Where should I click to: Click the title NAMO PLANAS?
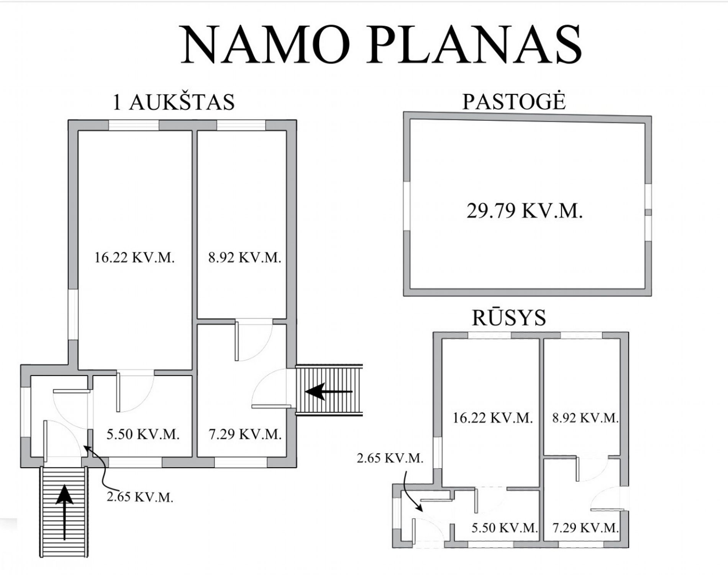coord(381,45)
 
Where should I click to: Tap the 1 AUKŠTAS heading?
coord(173,102)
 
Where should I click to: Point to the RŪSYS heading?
coord(508,318)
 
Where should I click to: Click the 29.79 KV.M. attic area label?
coord(525,211)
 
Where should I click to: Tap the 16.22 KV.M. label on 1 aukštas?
coord(134,257)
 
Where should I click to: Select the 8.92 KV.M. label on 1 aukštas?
coord(245,257)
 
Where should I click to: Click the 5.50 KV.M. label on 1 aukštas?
coord(143,434)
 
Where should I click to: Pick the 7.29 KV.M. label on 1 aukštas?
coord(245,434)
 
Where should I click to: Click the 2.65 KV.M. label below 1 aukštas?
coord(140,497)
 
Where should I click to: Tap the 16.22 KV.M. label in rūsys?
coord(493,418)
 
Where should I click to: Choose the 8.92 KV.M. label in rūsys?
coord(585,418)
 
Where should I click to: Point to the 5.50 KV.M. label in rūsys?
coord(504,528)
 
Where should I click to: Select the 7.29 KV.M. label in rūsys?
coord(585,528)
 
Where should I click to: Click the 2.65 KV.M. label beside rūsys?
coord(390,458)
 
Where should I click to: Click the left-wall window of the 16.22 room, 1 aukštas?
coord(73,314)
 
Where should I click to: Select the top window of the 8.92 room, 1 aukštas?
coord(241,125)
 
